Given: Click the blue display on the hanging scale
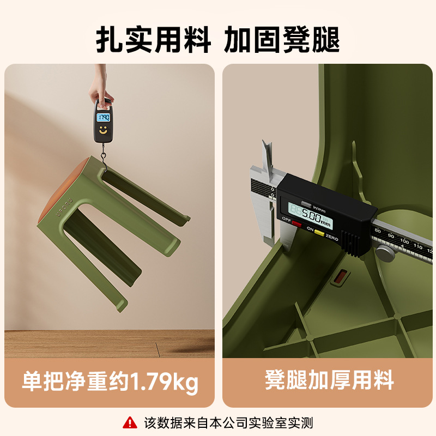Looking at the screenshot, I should tap(102, 117).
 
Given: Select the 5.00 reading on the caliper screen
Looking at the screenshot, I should tap(313, 208).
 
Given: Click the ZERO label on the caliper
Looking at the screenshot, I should tap(332, 239).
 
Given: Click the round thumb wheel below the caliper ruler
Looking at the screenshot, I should tap(386, 253).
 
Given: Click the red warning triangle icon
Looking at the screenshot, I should tap(130, 422).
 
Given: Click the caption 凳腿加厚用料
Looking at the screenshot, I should tap(329, 380).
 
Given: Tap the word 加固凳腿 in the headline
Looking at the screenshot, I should tap(282, 40).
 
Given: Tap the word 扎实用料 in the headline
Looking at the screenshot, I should tap(154, 40).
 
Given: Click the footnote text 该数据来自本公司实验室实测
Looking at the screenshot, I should tap(228, 422).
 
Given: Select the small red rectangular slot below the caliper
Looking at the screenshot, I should tap(339, 277).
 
